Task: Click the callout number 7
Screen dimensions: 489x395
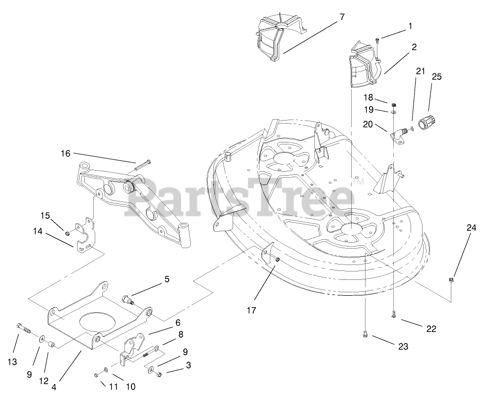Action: (342, 16)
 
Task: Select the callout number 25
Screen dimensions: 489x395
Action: (436, 77)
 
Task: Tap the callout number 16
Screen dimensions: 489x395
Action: (66, 154)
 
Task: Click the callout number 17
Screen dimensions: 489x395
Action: (251, 310)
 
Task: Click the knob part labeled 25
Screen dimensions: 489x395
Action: (426, 122)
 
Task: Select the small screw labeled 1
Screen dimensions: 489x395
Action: (377, 41)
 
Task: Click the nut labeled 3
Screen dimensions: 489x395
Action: (156, 372)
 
